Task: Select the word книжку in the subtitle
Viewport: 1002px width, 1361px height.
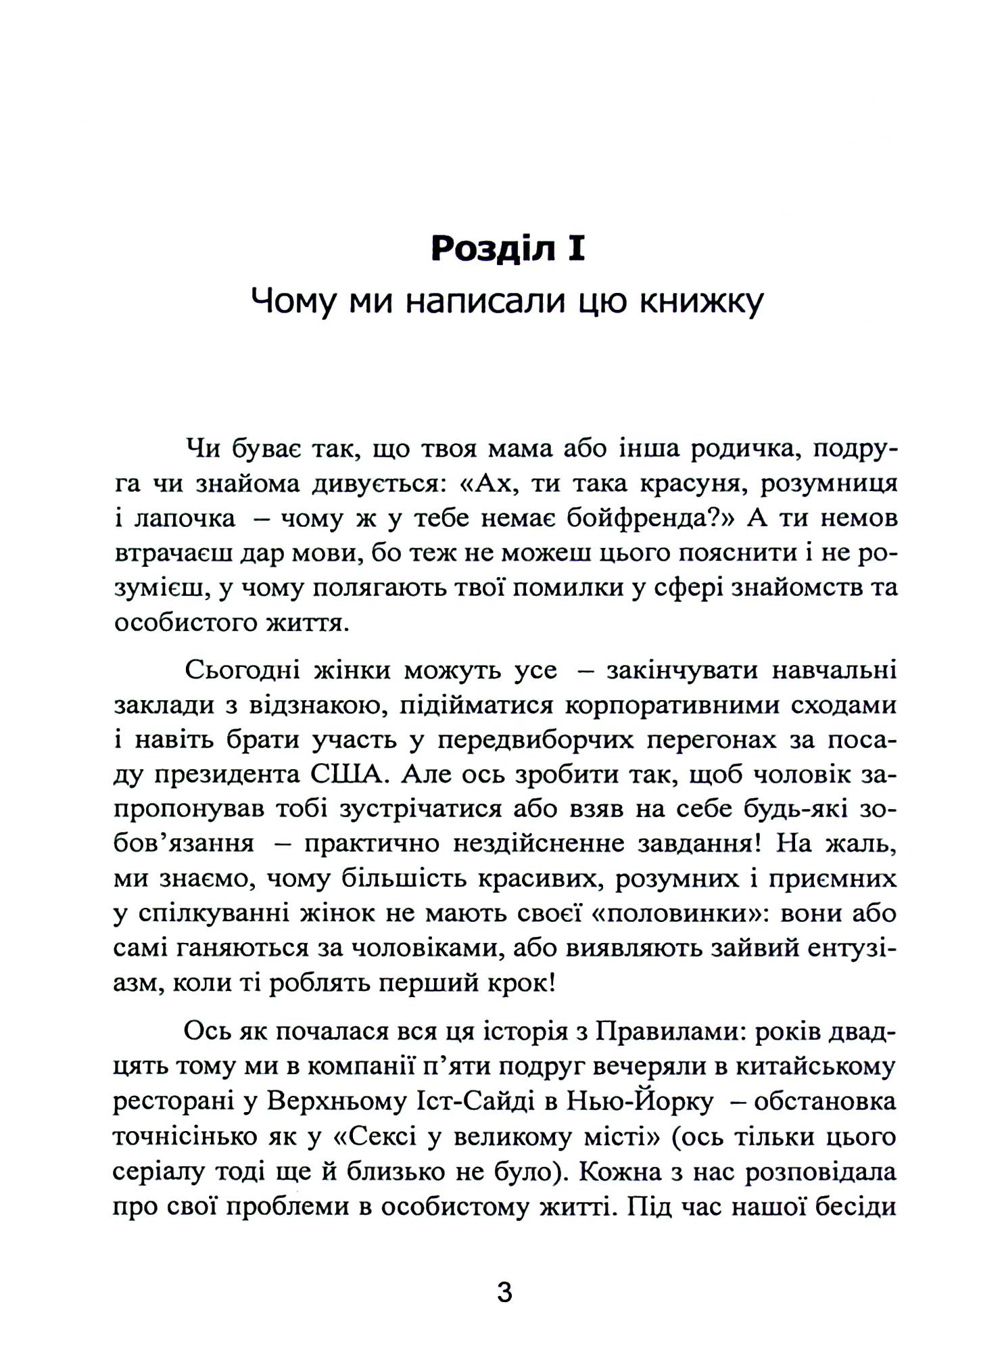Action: click(701, 302)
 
